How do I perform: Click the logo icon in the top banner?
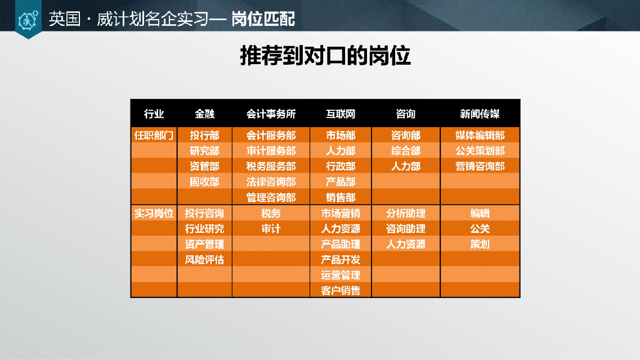(x=28, y=20)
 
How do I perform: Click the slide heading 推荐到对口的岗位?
(x=325, y=56)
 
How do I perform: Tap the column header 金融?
(x=204, y=114)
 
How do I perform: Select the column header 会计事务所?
(x=271, y=114)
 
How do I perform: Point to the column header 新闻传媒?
(x=480, y=114)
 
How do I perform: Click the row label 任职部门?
(x=154, y=136)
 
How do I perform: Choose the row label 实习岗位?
(x=154, y=213)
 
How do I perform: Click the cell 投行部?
(x=204, y=136)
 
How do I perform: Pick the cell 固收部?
(x=204, y=182)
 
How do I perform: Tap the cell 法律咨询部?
(x=271, y=182)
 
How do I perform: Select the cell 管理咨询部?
(x=271, y=198)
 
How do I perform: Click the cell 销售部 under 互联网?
(x=341, y=198)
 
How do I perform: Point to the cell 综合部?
(x=406, y=151)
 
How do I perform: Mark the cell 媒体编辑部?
(x=480, y=136)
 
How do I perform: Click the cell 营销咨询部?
(x=480, y=166)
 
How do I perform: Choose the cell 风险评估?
(x=204, y=260)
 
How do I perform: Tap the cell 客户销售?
(x=341, y=291)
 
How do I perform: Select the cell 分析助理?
(x=406, y=213)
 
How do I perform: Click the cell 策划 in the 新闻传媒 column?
(x=480, y=244)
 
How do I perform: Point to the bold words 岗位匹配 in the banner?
(x=263, y=19)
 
